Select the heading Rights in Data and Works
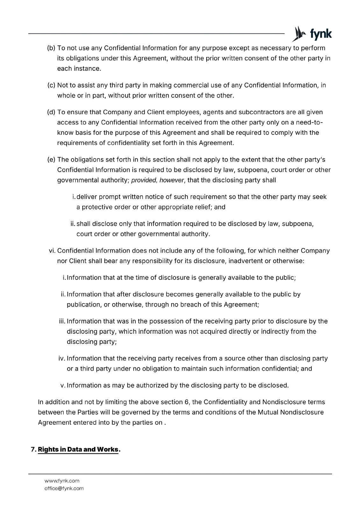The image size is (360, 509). (78, 450)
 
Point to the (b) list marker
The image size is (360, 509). (51, 48)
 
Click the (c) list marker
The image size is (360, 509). (51, 85)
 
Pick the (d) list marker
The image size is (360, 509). (51, 112)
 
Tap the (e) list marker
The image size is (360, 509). (51, 159)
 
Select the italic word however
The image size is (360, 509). (172, 180)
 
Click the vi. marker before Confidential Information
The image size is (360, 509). (52, 251)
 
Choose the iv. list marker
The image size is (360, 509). (62, 359)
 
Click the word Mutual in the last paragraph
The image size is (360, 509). (267, 412)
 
